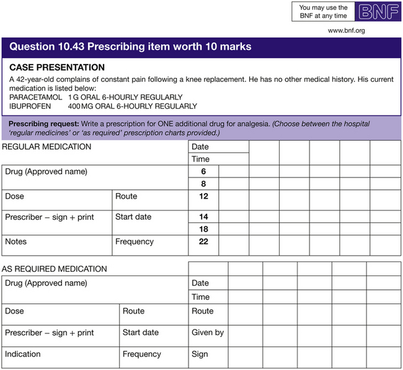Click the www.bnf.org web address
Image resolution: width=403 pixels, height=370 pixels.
click(x=346, y=30)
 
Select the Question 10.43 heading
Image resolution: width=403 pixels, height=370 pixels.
click(x=130, y=47)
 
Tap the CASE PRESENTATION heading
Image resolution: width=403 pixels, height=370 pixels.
click(x=57, y=67)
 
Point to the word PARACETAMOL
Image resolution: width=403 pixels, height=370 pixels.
click(x=36, y=97)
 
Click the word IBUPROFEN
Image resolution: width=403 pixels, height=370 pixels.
click(x=30, y=106)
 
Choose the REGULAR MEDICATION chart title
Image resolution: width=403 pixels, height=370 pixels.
click(x=46, y=147)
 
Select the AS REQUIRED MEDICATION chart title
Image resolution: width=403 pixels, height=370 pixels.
click(x=54, y=269)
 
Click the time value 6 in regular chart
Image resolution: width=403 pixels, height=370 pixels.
click(x=203, y=171)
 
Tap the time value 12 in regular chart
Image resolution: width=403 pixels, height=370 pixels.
click(x=203, y=196)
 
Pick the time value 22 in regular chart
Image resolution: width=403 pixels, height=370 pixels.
click(x=203, y=241)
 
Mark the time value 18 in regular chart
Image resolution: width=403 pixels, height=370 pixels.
click(x=203, y=229)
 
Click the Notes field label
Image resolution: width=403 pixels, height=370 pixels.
click(x=15, y=241)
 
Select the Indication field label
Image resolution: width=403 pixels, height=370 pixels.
click(x=22, y=354)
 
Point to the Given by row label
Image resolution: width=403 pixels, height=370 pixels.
click(x=208, y=332)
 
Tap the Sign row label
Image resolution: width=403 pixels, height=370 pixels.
click(x=200, y=354)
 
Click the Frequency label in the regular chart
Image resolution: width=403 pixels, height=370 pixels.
click(x=135, y=241)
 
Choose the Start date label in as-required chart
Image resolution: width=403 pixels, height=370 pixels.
click(x=141, y=332)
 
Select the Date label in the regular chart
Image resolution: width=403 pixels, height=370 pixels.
click(x=200, y=147)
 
